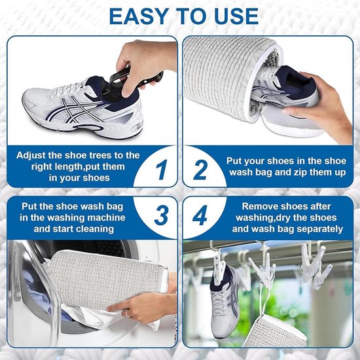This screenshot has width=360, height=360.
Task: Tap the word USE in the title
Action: point(236,16)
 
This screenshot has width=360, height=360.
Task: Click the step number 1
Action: point(162,170)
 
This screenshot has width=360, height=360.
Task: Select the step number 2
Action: point(200,170)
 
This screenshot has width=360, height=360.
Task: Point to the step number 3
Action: point(161,215)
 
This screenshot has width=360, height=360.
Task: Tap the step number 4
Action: point(200,215)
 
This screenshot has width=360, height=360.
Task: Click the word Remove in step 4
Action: point(258,206)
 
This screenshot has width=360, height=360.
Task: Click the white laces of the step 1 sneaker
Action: point(69,88)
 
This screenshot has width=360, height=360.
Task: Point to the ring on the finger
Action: point(128,313)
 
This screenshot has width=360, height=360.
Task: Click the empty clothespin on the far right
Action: point(315,266)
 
